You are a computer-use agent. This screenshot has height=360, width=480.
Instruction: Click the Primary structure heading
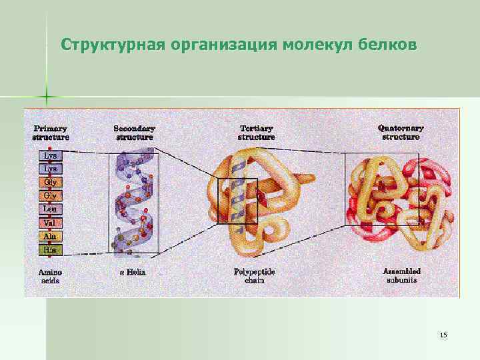click(51, 132)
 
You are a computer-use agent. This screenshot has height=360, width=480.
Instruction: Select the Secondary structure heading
click(134, 132)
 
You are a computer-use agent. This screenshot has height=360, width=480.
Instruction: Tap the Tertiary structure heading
click(256, 132)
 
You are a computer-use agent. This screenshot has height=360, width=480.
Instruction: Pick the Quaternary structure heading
click(401, 132)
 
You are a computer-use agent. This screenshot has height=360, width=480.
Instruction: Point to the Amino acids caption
click(50, 276)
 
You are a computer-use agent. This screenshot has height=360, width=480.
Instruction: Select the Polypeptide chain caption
click(254, 276)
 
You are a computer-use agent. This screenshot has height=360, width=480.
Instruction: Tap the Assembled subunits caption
click(401, 276)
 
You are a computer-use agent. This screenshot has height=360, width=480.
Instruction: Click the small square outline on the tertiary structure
click(238, 201)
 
